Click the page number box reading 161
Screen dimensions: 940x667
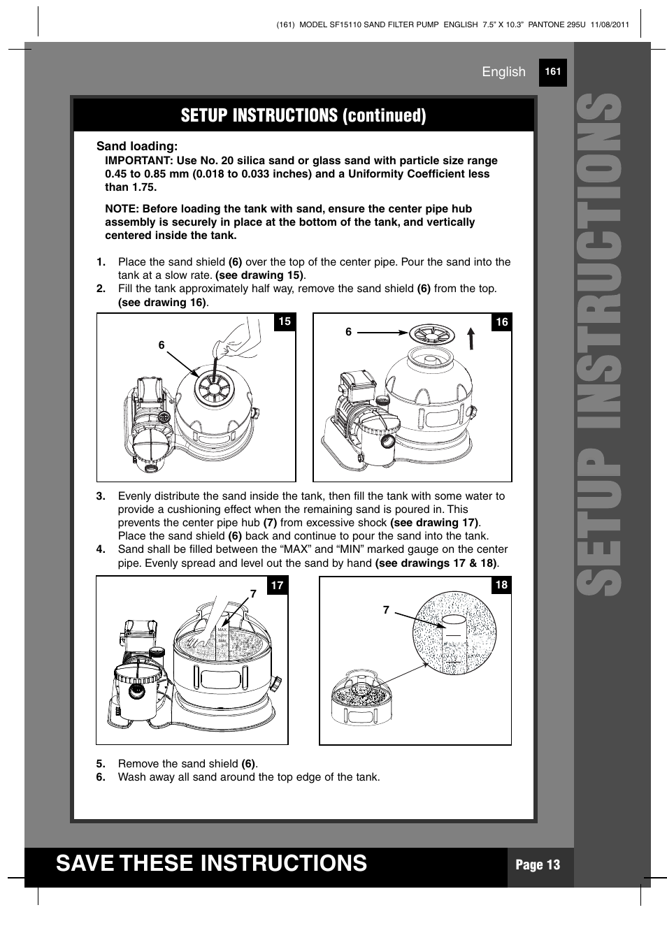pos(552,72)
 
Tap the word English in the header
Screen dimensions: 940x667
pos(503,72)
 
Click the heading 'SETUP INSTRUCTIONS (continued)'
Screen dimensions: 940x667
pos(303,115)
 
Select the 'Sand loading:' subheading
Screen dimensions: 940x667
pos(137,146)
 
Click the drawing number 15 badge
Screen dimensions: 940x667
pos(285,321)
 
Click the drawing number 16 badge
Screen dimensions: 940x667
pos(501,322)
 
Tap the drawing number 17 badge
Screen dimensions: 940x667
pos(278,585)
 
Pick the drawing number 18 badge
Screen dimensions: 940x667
pos(501,585)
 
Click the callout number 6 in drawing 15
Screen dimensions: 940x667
pos(162,345)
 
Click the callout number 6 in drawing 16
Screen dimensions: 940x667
pos(348,332)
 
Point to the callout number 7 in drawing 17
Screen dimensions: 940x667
pos(253,594)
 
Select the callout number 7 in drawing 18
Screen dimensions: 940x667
pos(386,610)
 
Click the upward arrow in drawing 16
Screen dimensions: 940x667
pos(471,338)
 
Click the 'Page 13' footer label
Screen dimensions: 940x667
pos(538,865)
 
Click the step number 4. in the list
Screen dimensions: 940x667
pos(101,549)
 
